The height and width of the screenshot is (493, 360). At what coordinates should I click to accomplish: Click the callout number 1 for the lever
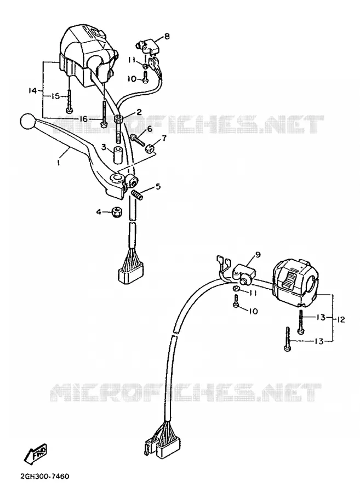pos(58,162)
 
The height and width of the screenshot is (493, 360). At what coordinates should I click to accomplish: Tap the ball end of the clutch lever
pos(26,121)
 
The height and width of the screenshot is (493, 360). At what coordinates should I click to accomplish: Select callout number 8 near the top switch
pos(167,36)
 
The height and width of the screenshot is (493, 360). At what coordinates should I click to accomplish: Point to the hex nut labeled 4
pos(117,213)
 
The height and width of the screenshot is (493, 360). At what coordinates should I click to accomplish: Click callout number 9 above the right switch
pos(258,255)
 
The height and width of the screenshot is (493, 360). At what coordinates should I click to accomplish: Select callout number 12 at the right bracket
pos(341,320)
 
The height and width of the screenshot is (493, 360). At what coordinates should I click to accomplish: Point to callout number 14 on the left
pos(32,91)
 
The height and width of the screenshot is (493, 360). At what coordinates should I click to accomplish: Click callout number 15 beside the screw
pos(55,96)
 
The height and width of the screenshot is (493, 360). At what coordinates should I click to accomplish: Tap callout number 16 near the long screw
pos(83,119)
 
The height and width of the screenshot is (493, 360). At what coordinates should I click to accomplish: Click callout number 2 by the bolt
pos(139,112)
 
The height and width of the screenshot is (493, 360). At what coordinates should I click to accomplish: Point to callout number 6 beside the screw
pos(149,128)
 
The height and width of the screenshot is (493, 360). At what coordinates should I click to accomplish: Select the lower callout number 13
pos(319,341)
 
